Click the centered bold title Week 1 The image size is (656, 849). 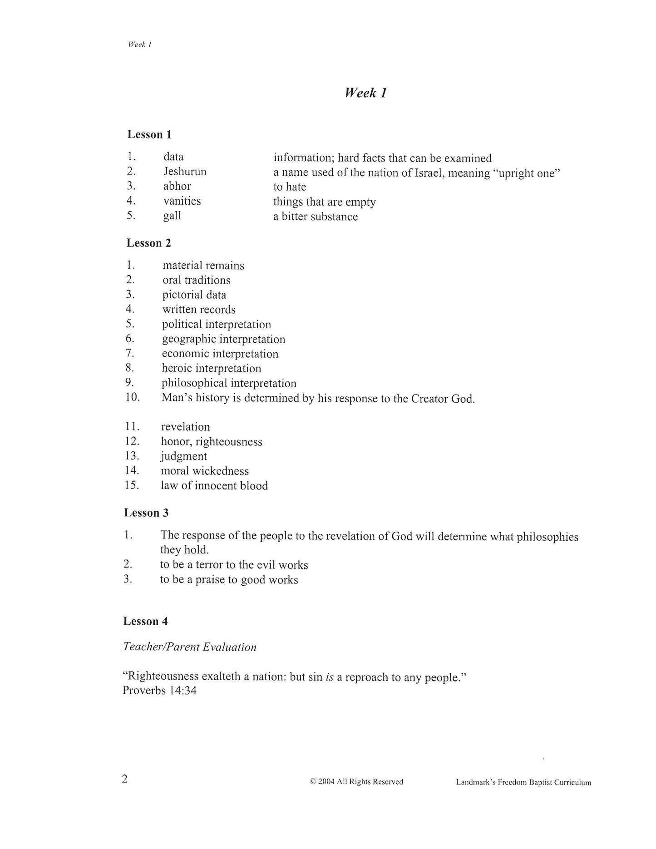tap(365, 93)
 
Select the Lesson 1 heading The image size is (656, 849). tap(149, 134)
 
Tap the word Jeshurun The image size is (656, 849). tap(185, 172)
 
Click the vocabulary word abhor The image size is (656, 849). tap(177, 186)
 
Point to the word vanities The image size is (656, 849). tap(182, 201)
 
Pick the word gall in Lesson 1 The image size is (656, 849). tap(172, 216)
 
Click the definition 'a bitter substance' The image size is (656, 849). tap(316, 217)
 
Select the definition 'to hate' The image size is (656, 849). tap(290, 187)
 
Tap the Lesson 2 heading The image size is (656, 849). tap(148, 243)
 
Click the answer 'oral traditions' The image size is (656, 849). tap(197, 280)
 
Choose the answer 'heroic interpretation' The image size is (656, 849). tap(212, 368)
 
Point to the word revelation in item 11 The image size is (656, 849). tap(185, 427)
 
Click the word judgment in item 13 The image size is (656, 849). tap(184, 456)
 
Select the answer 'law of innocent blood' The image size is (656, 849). tap(214, 486)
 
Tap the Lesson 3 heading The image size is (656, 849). tap(146, 513)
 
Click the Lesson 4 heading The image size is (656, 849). tap(145, 621)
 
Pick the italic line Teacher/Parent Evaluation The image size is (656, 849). tap(190, 647)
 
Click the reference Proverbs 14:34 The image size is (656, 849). tap(159, 691)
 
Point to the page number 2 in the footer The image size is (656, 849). tap(125, 779)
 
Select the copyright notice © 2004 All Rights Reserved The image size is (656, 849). tap(356, 782)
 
